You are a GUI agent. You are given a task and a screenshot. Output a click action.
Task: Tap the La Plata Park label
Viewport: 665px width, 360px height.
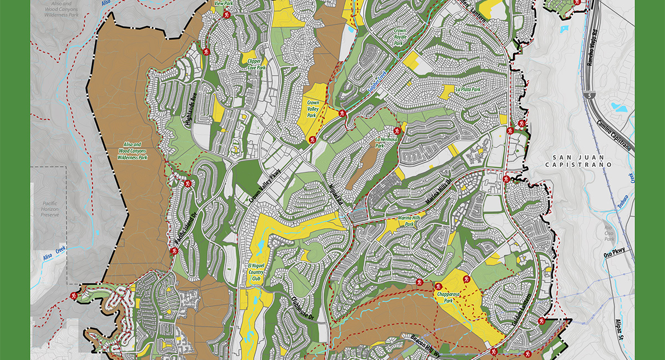pyautogui.click(x=467, y=89)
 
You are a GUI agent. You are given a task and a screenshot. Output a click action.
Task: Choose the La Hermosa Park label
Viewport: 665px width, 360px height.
pyautogui.click(x=387, y=143)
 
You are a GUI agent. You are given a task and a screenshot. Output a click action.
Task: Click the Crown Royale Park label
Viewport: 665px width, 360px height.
pyautogui.click(x=400, y=37)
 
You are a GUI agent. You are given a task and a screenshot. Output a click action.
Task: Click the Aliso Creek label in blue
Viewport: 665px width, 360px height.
pyautogui.click(x=52, y=254)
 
